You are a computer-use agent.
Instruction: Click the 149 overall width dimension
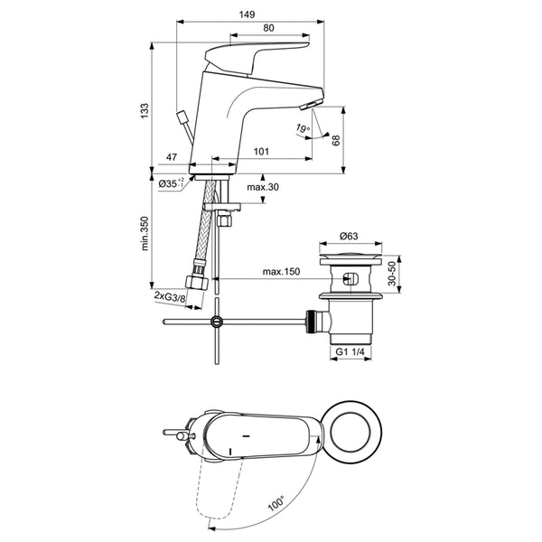247,14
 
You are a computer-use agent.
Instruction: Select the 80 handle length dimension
268,28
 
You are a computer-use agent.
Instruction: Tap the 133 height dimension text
145,110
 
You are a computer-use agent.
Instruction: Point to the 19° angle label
303,128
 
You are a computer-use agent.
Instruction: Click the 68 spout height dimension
336,140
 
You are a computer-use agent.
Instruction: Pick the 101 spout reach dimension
261,152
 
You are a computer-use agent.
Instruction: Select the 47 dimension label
172,157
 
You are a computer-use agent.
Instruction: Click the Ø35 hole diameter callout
171,183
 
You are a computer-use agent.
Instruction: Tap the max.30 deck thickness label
263,187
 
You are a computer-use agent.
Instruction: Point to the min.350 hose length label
145,233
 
